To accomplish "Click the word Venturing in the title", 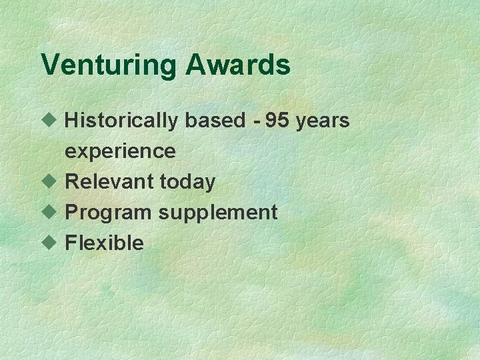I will coord(109,66).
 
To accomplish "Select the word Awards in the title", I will coord(238,65).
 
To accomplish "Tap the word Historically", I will coord(121,121).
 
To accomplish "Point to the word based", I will coord(216,121).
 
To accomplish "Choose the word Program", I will coord(108,213).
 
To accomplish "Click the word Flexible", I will coord(104,243).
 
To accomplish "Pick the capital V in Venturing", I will coord(50,65).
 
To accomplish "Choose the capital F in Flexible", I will coord(70,243).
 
